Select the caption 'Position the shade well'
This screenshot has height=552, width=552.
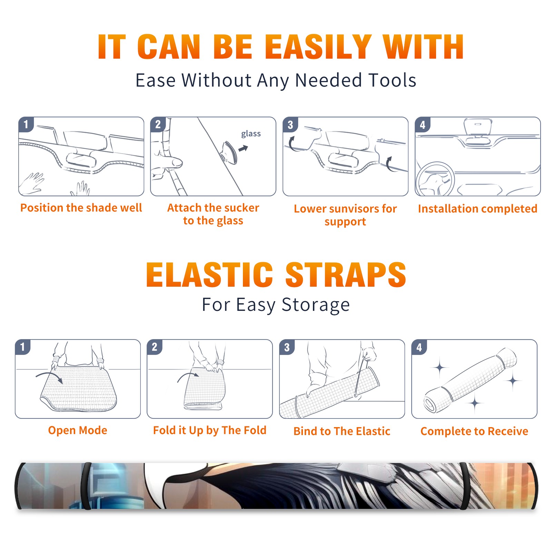(x=81, y=208)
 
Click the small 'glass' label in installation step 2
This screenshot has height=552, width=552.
(x=251, y=134)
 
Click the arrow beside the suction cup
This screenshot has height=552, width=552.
(x=244, y=148)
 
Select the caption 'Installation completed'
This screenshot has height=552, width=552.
(x=477, y=209)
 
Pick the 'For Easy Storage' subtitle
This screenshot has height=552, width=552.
(x=276, y=305)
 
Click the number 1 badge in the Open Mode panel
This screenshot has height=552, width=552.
(x=23, y=347)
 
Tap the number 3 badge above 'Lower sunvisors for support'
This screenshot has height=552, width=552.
(x=290, y=125)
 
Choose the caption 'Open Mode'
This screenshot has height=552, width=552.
(x=78, y=430)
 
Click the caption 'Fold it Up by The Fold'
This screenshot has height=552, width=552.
(x=210, y=430)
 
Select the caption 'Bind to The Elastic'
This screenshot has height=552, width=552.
(x=342, y=431)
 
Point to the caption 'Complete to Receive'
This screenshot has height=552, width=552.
(x=474, y=431)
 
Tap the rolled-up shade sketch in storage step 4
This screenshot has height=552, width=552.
(x=470, y=381)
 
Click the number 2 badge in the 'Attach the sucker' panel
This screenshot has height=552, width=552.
(x=158, y=125)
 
